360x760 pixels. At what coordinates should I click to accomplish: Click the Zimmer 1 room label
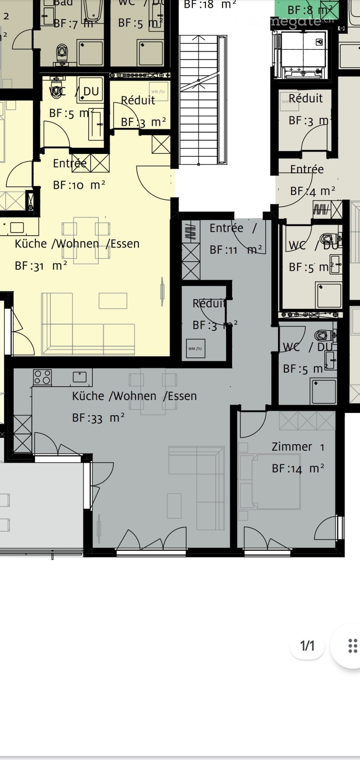pos(298,447)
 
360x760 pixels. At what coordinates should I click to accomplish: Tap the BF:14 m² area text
pos(298,469)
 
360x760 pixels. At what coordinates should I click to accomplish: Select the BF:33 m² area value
pos(98,418)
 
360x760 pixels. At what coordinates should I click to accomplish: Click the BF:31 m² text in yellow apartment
pos(41,266)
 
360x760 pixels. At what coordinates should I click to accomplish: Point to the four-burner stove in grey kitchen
pos(42,377)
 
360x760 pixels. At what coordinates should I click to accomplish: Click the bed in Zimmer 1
pos(275,482)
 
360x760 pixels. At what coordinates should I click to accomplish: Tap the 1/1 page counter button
pos(307,646)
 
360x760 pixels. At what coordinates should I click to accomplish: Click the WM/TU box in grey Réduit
pos(195,348)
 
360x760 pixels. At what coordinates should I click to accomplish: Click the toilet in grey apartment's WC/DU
pos(322,335)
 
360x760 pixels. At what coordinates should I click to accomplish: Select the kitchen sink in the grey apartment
pos(80,377)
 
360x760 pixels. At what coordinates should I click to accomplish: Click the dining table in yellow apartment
pos(86,240)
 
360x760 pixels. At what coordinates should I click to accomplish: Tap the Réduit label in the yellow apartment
pos(138,100)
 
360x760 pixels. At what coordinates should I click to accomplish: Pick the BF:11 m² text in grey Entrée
pos(235,249)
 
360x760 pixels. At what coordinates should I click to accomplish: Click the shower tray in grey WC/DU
pos(324,391)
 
